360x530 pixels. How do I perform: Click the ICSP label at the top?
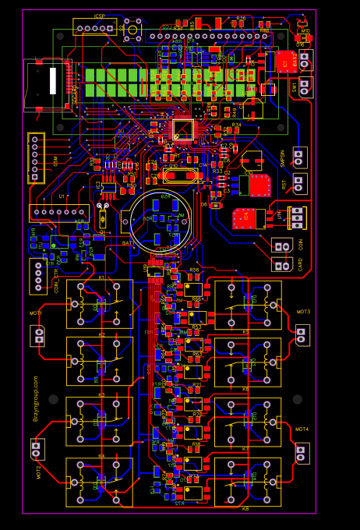tap(100, 16)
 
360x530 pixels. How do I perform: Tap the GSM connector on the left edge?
tap(35, 157)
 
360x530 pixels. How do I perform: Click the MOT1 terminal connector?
tap(38, 336)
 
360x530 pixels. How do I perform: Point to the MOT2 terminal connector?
tap(37, 449)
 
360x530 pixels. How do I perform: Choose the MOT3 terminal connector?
tap(302, 334)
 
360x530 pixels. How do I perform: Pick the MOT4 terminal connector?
tap(302, 453)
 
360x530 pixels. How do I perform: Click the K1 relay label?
tap(101, 277)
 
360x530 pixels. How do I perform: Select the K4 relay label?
tap(101, 456)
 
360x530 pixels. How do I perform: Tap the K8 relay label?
tap(245, 509)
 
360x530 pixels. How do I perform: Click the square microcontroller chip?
tap(182, 129)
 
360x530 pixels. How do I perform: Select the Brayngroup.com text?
tap(36, 398)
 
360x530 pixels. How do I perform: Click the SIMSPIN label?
tap(283, 157)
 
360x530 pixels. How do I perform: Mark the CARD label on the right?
tap(301, 264)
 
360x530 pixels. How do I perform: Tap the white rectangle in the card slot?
tap(53, 81)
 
